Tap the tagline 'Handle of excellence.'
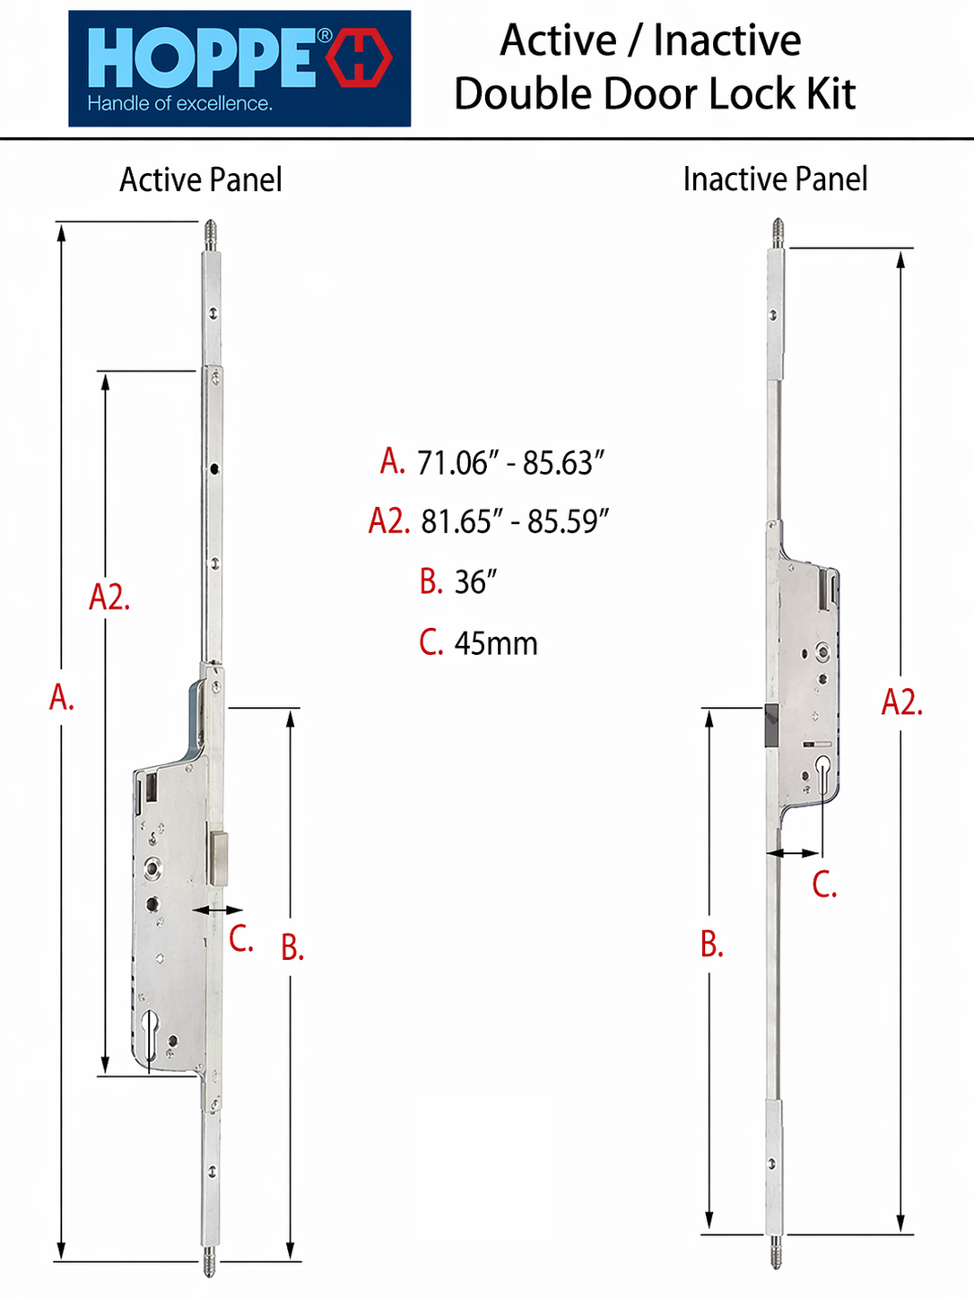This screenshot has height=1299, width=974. [x=179, y=104]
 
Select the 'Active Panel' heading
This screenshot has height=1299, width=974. [x=201, y=180]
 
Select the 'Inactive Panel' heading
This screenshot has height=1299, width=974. [x=775, y=179]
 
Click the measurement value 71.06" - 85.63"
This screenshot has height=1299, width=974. [x=511, y=463]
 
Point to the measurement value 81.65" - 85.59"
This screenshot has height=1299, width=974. [x=515, y=521]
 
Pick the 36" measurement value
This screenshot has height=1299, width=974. [x=475, y=581]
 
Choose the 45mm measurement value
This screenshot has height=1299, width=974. [x=496, y=643]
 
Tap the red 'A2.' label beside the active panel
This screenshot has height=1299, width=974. [x=109, y=597]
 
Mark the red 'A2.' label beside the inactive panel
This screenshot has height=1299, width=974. [x=902, y=703]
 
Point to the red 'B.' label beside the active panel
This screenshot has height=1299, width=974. [x=292, y=946]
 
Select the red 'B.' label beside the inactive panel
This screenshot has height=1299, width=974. [x=712, y=944]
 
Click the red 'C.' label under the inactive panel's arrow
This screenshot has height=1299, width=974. [x=824, y=885]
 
